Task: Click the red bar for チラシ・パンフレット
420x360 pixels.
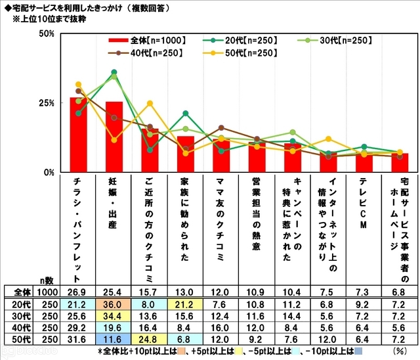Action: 79,135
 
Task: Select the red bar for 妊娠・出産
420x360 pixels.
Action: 114,137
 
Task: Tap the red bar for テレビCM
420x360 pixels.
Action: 364,162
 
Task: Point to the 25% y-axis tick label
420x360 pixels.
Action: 45,103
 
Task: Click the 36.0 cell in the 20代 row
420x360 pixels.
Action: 114,304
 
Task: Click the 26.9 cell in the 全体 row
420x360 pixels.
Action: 79,292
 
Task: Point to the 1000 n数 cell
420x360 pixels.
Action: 45,292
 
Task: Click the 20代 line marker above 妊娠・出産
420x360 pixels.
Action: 114,72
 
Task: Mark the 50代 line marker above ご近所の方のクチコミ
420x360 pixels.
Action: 150,103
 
